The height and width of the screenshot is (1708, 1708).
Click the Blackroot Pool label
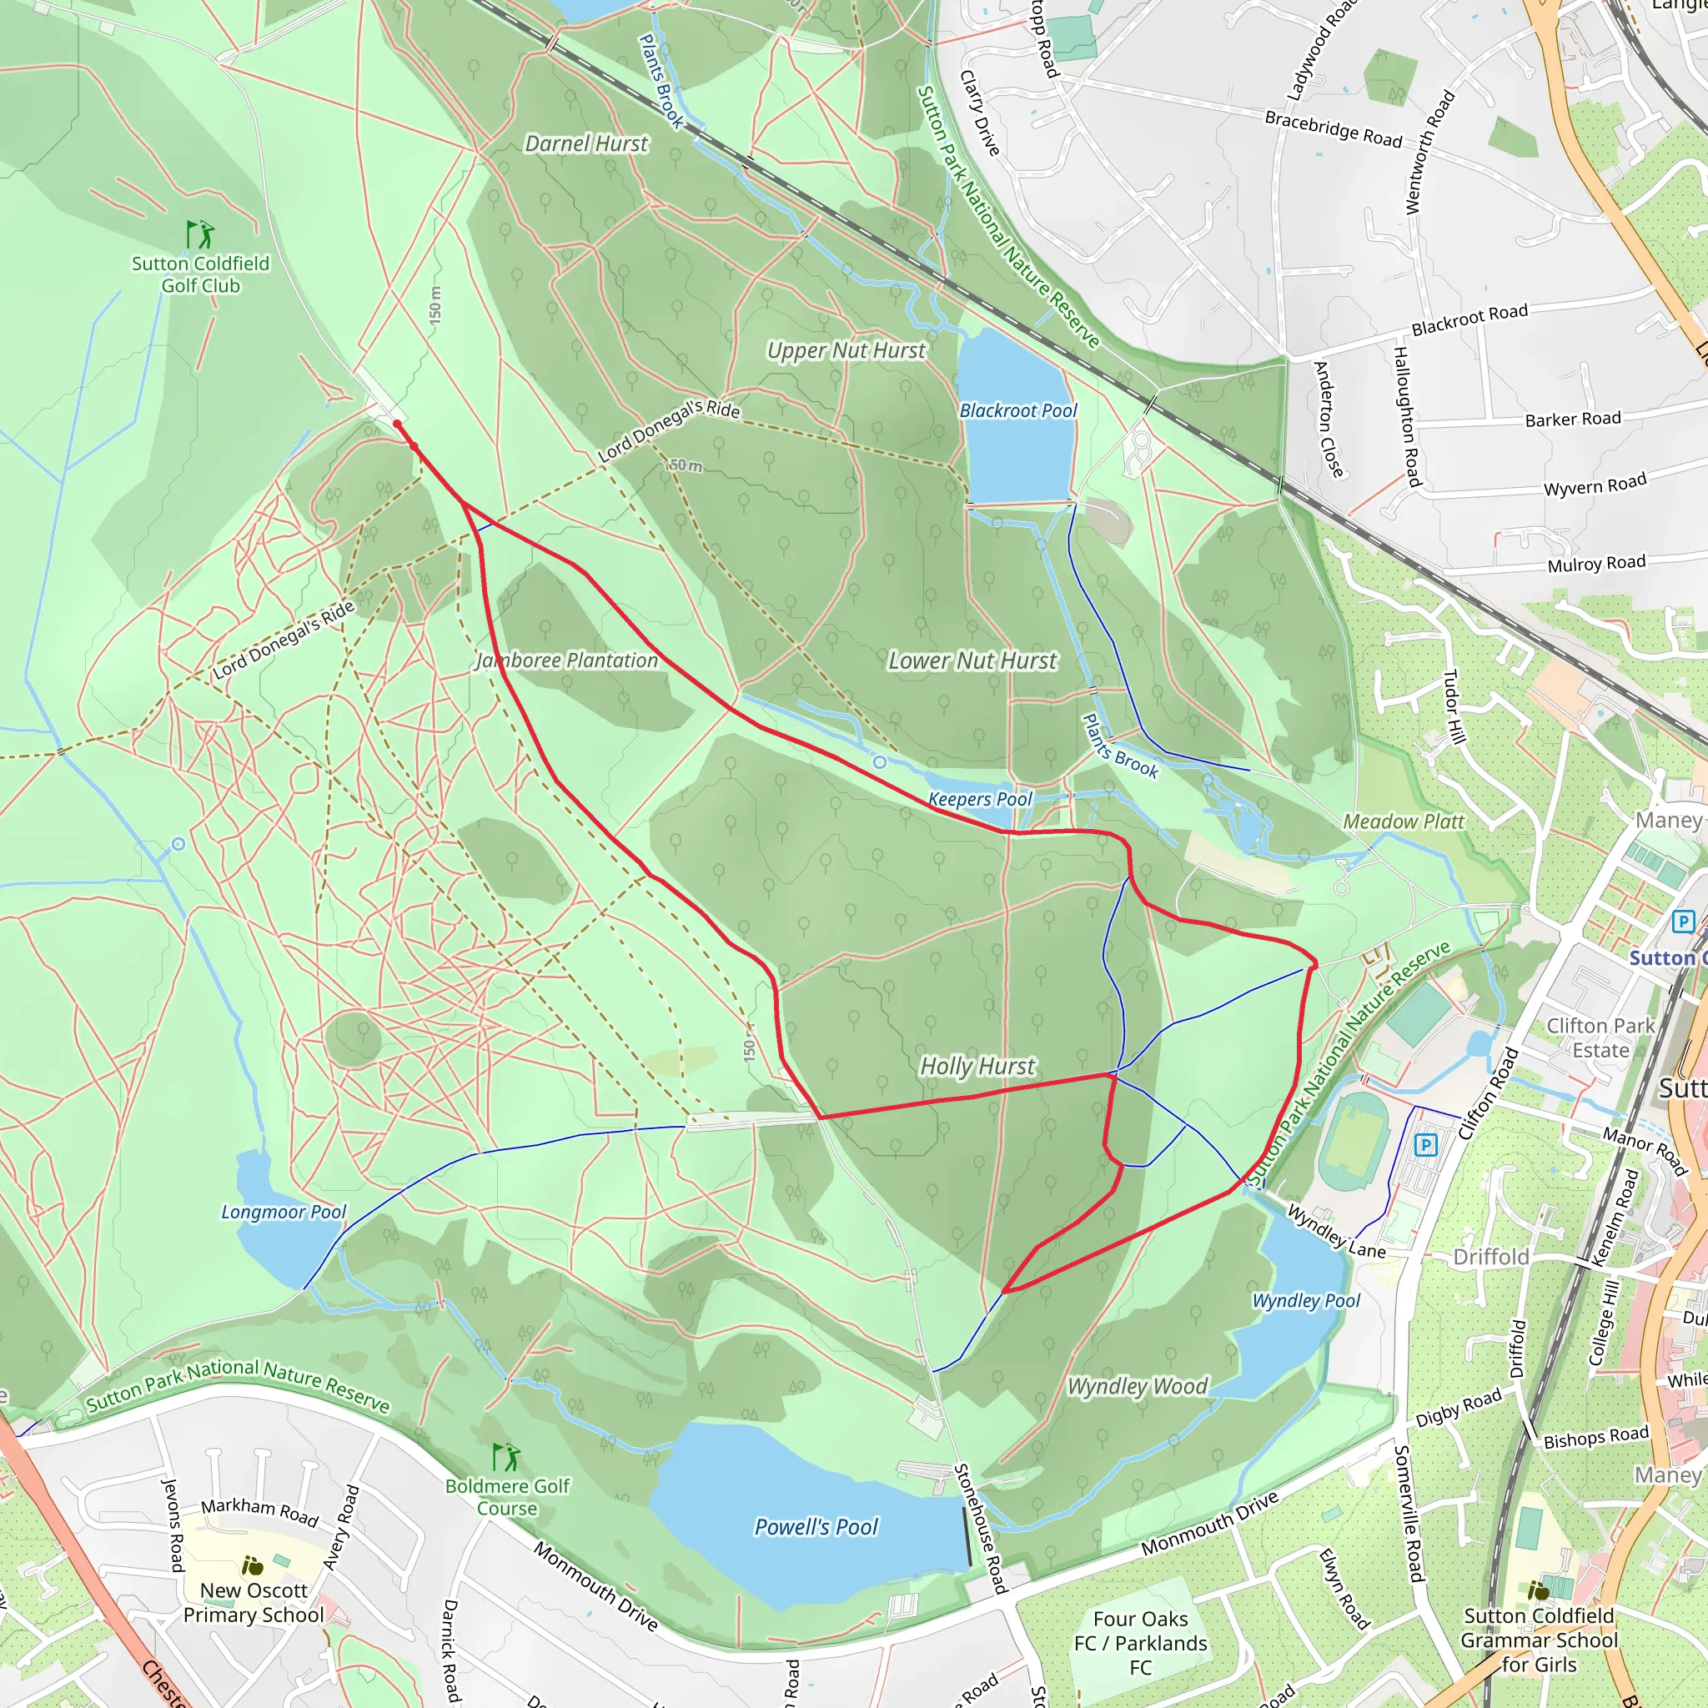point(1017,410)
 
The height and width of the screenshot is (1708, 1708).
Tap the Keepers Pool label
point(980,799)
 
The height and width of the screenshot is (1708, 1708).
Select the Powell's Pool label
point(815,1527)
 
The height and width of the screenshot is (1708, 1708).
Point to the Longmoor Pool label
point(283,1211)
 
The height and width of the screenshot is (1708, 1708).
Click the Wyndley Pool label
point(1305,1300)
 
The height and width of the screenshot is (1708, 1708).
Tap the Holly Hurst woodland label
point(977,1066)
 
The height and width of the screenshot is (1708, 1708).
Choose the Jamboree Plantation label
point(566,661)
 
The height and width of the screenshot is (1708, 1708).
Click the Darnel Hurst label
point(585,143)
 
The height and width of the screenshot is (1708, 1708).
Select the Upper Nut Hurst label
point(845,350)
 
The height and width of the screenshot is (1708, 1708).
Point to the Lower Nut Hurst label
point(972,661)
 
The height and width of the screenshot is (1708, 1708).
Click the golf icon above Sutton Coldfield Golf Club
point(201,235)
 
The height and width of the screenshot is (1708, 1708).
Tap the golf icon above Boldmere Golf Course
point(505,1456)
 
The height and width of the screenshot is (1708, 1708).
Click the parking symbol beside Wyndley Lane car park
point(1425,1146)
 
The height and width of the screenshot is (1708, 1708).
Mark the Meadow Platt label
point(1403,821)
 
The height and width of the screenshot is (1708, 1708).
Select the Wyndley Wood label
point(1137,1385)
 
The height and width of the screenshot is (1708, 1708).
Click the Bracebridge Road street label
point(1334,129)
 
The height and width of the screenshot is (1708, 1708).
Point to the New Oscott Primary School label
point(254,1602)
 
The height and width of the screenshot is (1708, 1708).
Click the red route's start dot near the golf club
point(397,424)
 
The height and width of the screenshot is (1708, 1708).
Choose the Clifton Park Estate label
point(1600,1037)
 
